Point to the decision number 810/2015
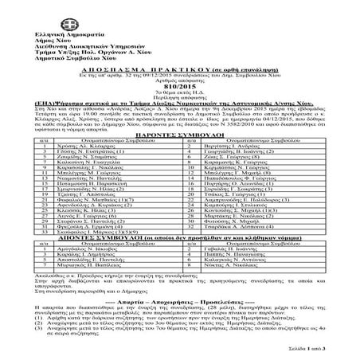180,87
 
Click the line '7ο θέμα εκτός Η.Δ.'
180,93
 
